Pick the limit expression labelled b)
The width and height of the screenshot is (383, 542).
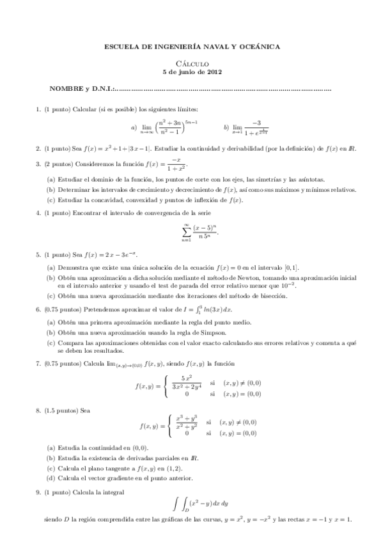click(x=251, y=127)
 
